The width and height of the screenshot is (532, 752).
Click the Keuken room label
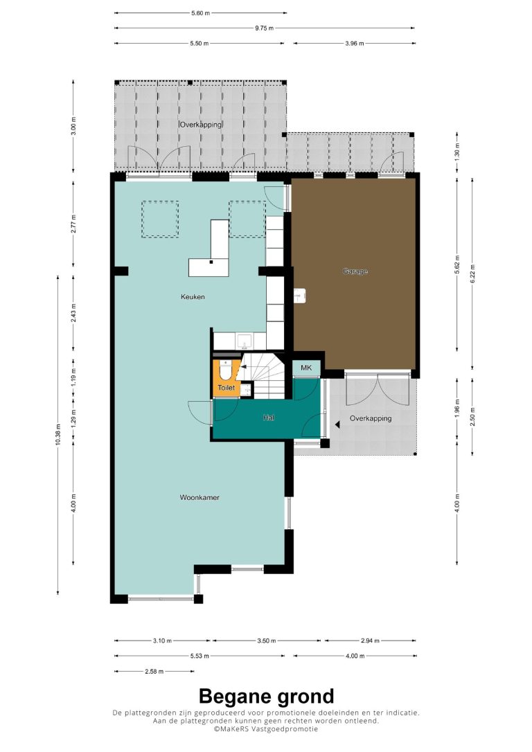[x=193, y=297]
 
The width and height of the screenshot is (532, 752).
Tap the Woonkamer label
[x=199, y=497]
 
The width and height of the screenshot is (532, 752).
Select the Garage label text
[x=355, y=271]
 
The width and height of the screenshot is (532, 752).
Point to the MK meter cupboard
[x=306, y=368]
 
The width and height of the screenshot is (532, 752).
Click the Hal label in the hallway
[x=268, y=418]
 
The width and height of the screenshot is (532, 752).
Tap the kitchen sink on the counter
[x=244, y=341]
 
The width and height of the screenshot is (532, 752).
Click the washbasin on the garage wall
[x=300, y=296]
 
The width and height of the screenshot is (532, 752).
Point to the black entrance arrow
[x=338, y=424]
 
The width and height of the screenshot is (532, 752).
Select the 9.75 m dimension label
[x=264, y=28]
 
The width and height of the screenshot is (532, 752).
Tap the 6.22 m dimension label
[x=472, y=274]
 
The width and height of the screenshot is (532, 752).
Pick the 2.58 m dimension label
[x=154, y=672]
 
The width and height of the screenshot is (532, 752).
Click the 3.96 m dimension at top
[x=355, y=43]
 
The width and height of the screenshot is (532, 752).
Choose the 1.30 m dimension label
[x=456, y=152]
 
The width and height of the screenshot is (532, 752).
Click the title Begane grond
[x=266, y=696]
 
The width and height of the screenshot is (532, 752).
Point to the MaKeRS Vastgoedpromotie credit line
[x=266, y=728]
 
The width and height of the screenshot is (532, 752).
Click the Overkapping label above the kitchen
[x=201, y=125]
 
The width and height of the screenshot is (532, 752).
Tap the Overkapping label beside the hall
[x=371, y=418]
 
